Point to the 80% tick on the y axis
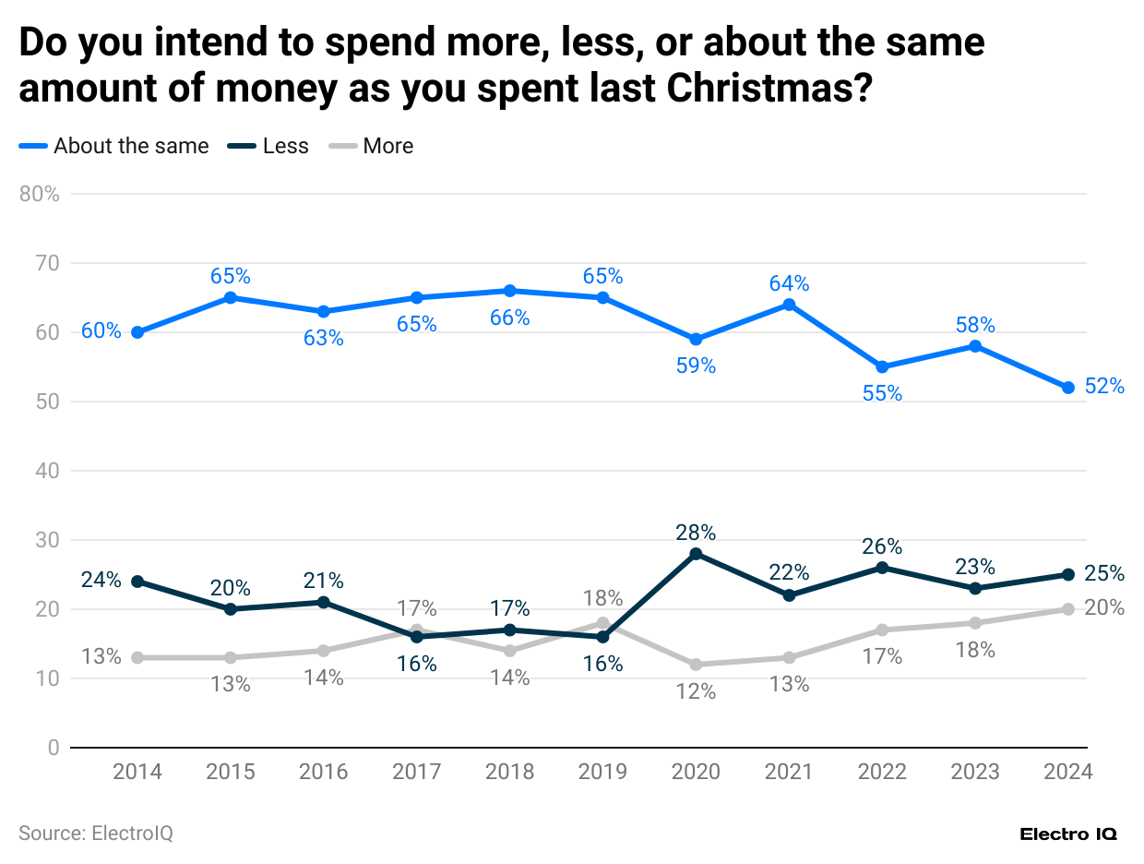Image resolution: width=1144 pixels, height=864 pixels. (40, 194)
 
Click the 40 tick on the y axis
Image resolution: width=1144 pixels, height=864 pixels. (48, 471)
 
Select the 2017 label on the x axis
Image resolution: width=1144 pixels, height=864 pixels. (416, 772)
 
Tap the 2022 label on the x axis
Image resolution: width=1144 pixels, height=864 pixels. (882, 772)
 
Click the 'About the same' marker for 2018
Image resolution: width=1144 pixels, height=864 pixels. (509, 291)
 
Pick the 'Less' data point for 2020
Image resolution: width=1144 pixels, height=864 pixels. (696, 554)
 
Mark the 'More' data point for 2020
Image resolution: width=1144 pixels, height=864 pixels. (696, 665)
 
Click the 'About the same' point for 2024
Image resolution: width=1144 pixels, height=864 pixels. (1067, 388)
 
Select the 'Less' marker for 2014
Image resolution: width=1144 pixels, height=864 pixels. (137, 582)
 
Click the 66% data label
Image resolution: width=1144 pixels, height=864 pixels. (509, 318)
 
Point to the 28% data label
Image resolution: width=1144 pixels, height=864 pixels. (696, 532)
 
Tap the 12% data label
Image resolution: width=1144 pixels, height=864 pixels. (696, 690)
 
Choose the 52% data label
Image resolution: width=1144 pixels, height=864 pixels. (1104, 387)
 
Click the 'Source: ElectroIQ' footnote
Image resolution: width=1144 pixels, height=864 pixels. (96, 833)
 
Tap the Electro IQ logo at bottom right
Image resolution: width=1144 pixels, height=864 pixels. (1068, 834)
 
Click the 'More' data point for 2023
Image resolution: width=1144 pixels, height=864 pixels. (975, 623)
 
